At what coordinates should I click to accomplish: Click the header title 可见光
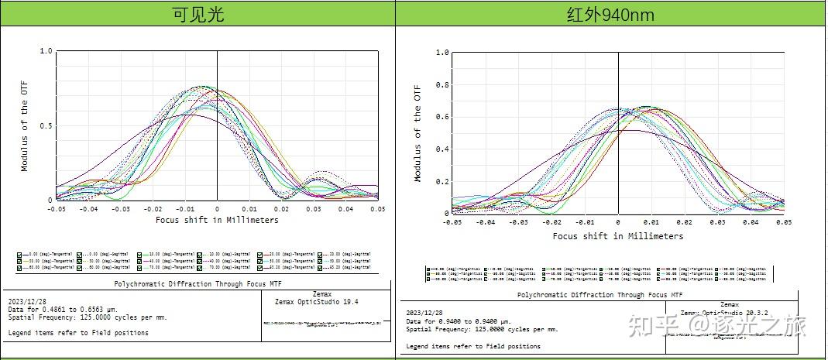click(198, 13)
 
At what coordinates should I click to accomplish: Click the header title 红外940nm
click(611, 13)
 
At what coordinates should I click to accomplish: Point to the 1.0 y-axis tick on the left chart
click(46, 51)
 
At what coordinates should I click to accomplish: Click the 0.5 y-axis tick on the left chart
click(46, 126)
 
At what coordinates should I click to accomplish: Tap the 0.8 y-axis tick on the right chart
click(441, 85)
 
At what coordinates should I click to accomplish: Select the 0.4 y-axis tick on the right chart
click(441, 149)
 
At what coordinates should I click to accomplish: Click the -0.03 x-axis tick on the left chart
click(121, 209)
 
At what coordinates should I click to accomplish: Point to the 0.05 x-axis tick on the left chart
click(376, 209)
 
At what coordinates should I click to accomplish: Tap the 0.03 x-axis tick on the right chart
click(718, 222)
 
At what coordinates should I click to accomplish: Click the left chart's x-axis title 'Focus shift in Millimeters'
click(216, 220)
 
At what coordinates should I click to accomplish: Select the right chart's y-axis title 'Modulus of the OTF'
click(418, 133)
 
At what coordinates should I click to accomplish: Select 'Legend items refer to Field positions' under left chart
click(78, 333)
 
